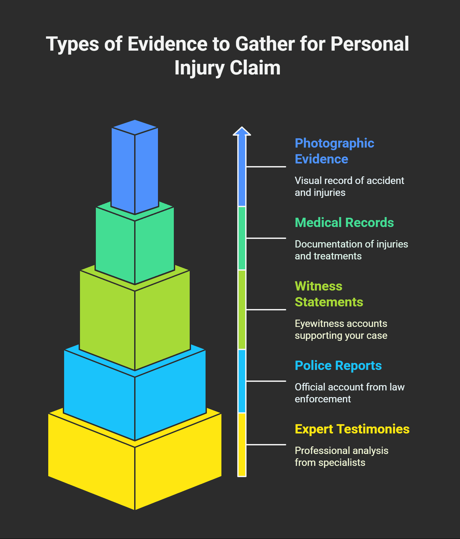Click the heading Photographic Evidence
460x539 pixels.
pos(334,151)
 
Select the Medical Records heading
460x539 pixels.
pos(344,223)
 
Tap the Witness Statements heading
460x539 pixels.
pos(328,294)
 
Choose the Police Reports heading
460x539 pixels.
pos(338,366)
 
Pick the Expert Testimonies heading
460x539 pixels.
pos(352,429)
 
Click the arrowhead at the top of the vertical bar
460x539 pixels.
pos(242,131)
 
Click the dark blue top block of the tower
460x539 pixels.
pos(134,169)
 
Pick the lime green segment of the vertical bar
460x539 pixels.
pos(242,310)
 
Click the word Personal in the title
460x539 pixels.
pos(369,44)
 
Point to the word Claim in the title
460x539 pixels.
pos(255,68)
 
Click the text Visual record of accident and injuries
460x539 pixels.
pos(349,187)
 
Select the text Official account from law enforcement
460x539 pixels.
pos(349,393)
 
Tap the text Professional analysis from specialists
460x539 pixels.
pos(341,457)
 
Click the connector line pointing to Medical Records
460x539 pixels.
pos(266,238)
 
